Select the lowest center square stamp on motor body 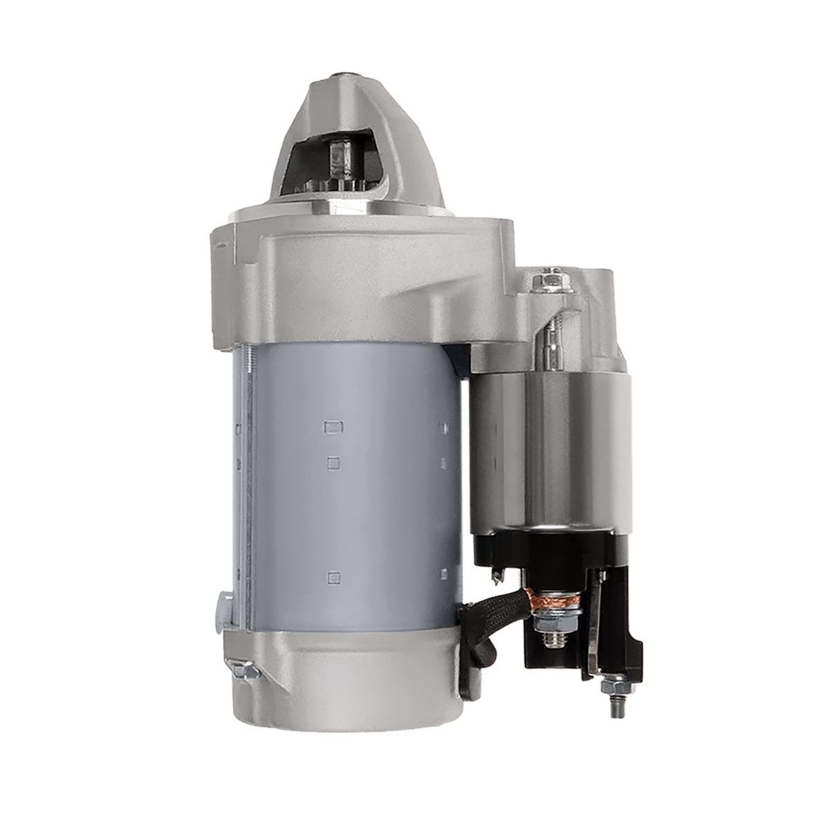point(335,575)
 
